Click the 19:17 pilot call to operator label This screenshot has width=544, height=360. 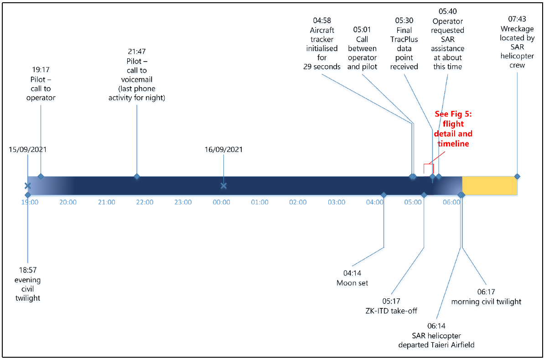(41, 83)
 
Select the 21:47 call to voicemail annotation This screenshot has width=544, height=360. (137, 74)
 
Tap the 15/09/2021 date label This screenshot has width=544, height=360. (27, 149)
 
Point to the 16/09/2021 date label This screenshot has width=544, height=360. (223, 149)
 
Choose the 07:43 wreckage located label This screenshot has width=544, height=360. (517, 42)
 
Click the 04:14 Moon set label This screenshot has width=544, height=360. (352, 278)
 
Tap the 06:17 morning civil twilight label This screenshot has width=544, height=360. (486, 297)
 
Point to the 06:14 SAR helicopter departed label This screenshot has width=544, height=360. (436, 335)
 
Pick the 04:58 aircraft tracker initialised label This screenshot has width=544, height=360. (322, 44)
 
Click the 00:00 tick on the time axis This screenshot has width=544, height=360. (222, 202)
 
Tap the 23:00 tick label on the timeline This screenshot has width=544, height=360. (183, 202)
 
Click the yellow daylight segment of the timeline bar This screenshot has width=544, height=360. (489, 186)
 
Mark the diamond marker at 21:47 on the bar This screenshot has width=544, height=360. (136, 177)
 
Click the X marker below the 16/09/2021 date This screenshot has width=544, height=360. (223, 186)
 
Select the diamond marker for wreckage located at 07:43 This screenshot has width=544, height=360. (517, 177)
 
